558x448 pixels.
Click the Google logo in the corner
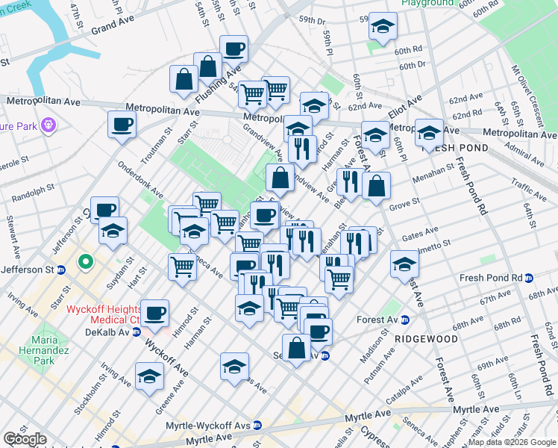pyautogui.click(x=24, y=439)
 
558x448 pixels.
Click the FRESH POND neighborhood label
pyautogui.click(x=454, y=148)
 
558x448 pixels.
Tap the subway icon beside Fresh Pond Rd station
pyautogui.click(x=529, y=279)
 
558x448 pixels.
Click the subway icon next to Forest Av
pyautogui.click(x=405, y=320)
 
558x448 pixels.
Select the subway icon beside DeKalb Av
pyautogui.click(x=137, y=332)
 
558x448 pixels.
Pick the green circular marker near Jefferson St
pyautogui.click(x=85, y=262)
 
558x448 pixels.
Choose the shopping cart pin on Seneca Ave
pyautogui.click(x=182, y=266)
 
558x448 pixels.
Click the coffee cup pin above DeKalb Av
pyautogui.click(x=155, y=313)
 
